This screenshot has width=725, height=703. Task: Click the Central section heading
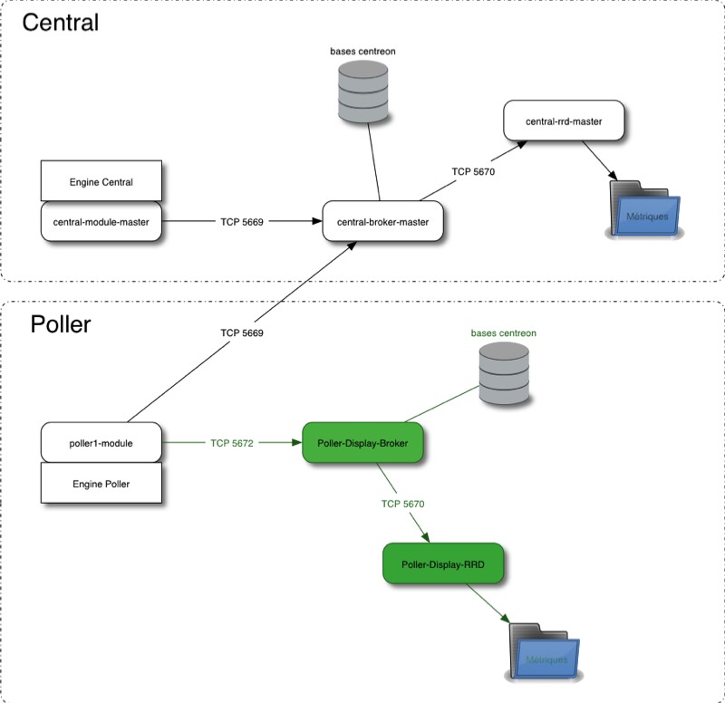[x=60, y=23]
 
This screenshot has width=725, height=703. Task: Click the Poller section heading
[x=61, y=323]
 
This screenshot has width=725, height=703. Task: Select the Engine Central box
[x=101, y=181]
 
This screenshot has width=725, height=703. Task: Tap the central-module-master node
[x=101, y=220]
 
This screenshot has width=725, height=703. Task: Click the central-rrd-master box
[x=563, y=120]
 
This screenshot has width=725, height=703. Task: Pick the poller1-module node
[x=101, y=443]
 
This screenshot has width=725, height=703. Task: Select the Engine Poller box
[x=101, y=483]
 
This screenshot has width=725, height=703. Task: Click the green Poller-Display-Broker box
[x=362, y=443]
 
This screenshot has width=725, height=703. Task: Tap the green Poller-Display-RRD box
[x=443, y=563]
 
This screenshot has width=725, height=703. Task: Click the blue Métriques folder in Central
[x=644, y=211]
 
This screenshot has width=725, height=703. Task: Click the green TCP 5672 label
[x=232, y=443]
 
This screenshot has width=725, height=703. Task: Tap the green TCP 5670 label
[x=403, y=503]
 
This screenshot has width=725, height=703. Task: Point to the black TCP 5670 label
[x=473, y=171]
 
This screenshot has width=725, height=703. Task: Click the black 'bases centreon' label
[x=362, y=52]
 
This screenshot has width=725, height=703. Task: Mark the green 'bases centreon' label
[x=503, y=333]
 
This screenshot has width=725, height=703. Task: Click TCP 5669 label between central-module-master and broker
[x=241, y=221]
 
